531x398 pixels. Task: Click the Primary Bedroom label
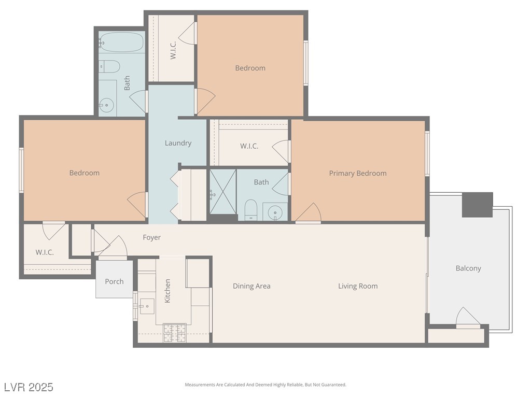(x=358, y=173)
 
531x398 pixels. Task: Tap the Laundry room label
(x=178, y=143)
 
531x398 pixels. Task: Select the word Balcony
(x=468, y=268)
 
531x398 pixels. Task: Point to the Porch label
(x=114, y=281)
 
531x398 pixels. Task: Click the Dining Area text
(x=251, y=286)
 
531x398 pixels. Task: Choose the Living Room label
(x=358, y=286)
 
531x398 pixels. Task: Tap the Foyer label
(x=152, y=237)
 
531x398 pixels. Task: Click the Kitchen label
(x=167, y=291)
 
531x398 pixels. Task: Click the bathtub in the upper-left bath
(x=122, y=42)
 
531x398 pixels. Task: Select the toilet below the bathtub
(x=110, y=66)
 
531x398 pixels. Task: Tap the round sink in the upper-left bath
(x=107, y=105)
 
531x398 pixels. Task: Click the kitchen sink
(x=146, y=306)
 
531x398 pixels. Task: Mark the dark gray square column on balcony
(x=477, y=205)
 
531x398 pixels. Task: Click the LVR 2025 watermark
(x=29, y=387)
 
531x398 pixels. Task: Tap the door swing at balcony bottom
(x=468, y=317)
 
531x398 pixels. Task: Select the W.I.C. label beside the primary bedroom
(x=249, y=146)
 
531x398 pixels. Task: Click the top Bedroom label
(x=250, y=68)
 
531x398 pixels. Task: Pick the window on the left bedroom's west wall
(x=21, y=170)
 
